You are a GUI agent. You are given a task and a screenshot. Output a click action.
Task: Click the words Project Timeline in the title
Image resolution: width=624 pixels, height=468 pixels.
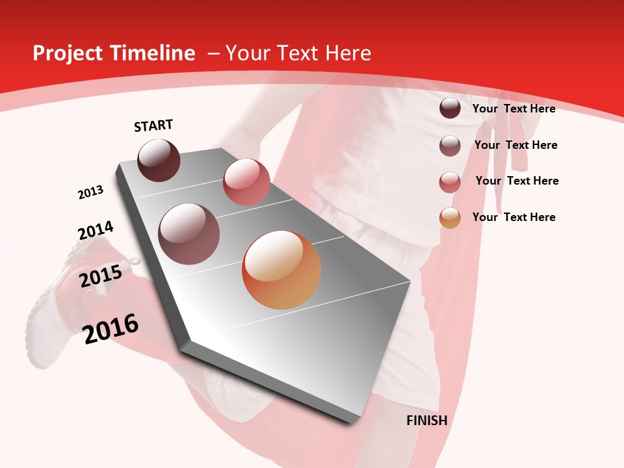pyautogui.click(x=114, y=53)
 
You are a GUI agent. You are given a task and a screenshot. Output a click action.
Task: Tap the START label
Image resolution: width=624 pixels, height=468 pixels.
pyautogui.click(x=153, y=125)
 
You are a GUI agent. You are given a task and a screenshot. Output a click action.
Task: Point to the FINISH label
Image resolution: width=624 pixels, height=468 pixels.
pyautogui.click(x=426, y=421)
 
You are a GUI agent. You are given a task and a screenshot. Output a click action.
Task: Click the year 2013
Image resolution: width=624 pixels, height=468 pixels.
pyautogui.click(x=90, y=192)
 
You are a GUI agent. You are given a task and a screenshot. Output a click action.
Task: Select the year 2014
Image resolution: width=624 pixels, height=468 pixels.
pyautogui.click(x=96, y=231)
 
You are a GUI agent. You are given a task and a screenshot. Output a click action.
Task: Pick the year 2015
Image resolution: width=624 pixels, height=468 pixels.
pyautogui.click(x=101, y=276)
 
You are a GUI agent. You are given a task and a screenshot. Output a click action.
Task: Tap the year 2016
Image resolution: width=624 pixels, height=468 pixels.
pyautogui.click(x=110, y=328)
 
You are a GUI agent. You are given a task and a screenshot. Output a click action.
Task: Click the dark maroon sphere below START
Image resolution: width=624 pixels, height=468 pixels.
pyautogui.click(x=159, y=160)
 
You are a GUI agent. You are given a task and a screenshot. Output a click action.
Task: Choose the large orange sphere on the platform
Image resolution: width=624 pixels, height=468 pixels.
pyautogui.click(x=281, y=270)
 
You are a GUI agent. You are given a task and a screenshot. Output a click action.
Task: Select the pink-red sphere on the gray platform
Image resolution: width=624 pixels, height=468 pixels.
pyautogui.click(x=246, y=181)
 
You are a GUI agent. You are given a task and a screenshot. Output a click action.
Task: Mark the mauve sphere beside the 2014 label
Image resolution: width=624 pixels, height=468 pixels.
pyautogui.click(x=188, y=233)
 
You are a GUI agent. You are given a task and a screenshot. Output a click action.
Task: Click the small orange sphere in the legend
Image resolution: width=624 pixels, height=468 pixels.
pyautogui.click(x=450, y=218)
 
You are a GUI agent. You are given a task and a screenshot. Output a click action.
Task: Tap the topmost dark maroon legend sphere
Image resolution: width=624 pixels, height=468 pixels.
pyautogui.click(x=450, y=108)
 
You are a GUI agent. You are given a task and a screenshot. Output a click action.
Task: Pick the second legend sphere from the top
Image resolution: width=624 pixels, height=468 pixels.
pyautogui.click(x=450, y=146)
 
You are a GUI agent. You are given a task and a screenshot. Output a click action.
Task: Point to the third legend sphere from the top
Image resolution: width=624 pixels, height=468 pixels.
pyautogui.click(x=450, y=181)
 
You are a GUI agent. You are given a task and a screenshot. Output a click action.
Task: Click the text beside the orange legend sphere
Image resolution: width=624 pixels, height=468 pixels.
pyautogui.click(x=513, y=217)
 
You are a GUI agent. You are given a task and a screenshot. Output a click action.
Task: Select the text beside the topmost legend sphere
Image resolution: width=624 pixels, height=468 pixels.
pyautogui.click(x=513, y=109)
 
